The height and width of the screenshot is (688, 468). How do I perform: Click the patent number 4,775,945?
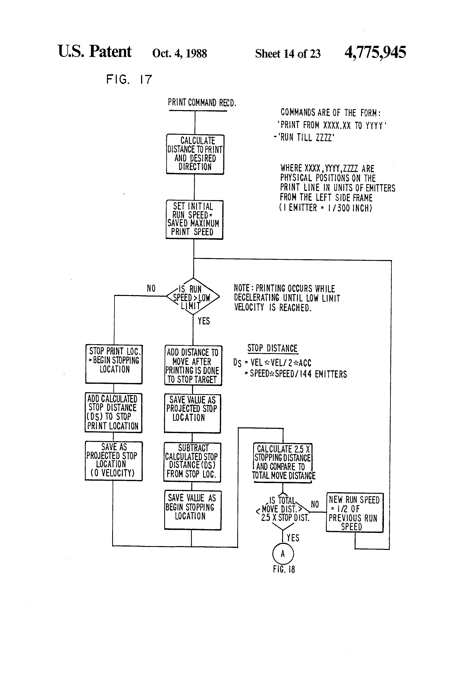coord(375,52)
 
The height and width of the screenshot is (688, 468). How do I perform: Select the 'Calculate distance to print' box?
coord(195,154)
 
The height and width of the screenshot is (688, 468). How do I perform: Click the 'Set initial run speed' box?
coord(194,219)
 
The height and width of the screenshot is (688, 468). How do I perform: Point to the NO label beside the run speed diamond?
coord(151,288)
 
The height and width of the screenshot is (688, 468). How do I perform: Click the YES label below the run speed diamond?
coord(204,321)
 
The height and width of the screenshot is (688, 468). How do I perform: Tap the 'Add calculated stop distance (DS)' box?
coord(113,412)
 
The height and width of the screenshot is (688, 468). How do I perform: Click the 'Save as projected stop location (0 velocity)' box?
coord(114,461)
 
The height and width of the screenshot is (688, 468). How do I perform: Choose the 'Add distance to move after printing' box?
coord(193,365)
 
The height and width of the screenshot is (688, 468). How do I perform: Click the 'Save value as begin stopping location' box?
coord(193,510)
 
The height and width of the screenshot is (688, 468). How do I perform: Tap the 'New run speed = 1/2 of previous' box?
coord(354,512)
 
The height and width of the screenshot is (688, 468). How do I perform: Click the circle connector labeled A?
coord(283,554)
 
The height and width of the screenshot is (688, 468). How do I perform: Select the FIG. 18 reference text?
coord(284,569)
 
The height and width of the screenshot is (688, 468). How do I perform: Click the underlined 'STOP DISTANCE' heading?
coord(272,348)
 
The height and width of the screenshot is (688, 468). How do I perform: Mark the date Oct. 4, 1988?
coord(179,53)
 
